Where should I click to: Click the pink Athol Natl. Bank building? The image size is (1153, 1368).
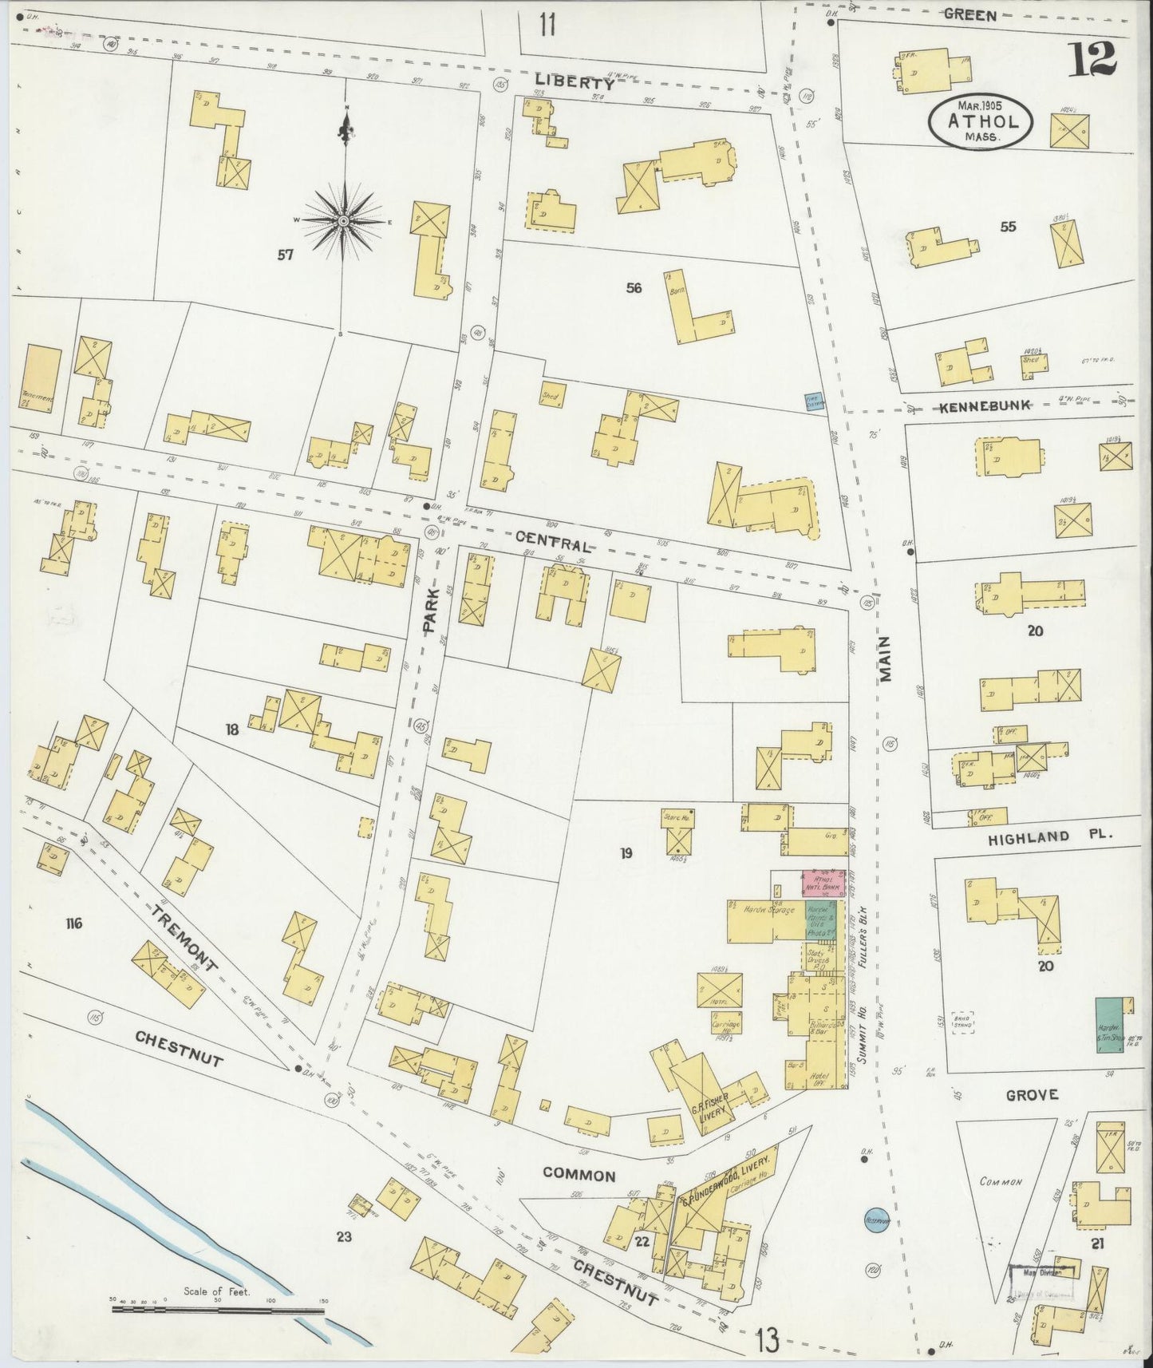coord(823,883)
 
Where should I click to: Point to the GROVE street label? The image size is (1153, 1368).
coord(1031,1094)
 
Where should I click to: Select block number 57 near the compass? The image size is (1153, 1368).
coord(285,255)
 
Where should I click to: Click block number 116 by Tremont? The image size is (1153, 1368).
coord(74,924)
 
